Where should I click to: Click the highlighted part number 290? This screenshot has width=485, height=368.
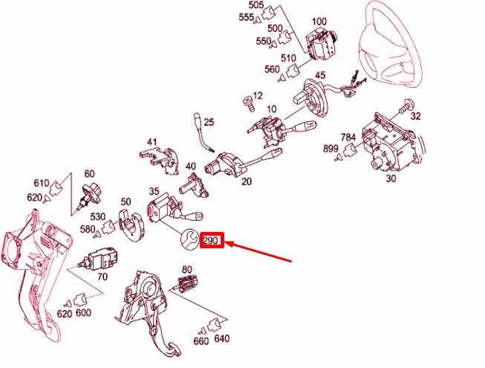click(x=211, y=240)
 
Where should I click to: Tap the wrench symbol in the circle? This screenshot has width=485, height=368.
click(x=190, y=239)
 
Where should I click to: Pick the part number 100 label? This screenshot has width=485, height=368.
click(x=319, y=22)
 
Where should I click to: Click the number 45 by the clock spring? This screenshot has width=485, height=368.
click(x=320, y=75)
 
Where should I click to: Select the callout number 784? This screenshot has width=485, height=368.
click(x=348, y=137)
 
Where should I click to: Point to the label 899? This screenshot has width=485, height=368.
click(x=331, y=149)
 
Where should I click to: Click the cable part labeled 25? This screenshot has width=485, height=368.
click(x=204, y=132)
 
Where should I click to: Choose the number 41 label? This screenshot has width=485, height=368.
click(x=152, y=142)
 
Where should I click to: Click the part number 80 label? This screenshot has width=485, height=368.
click(x=187, y=270)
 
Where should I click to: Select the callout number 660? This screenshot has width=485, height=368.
click(x=201, y=340)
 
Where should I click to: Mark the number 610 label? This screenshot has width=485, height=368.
click(x=42, y=183)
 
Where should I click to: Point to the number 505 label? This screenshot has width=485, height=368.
click(x=256, y=5)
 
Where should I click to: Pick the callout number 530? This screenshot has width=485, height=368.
click(x=98, y=216)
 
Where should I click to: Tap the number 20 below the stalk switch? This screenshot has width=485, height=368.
click(x=246, y=181)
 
